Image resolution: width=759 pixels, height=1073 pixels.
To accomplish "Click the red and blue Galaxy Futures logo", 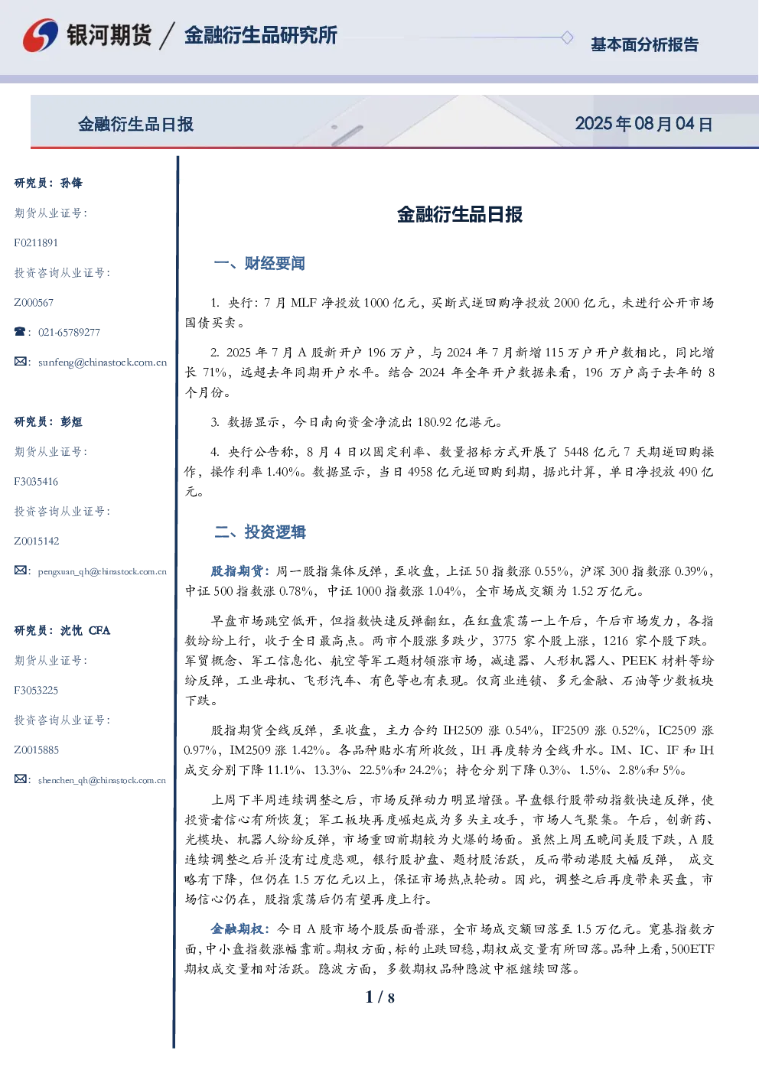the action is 41,35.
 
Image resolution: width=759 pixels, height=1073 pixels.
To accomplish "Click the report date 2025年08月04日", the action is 643,124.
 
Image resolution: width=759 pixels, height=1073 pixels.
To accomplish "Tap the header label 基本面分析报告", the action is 644,44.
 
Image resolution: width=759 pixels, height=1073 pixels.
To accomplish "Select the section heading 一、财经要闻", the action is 259,263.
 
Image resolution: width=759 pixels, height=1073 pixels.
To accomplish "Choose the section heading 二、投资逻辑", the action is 259,532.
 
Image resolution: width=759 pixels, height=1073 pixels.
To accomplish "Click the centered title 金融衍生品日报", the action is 460,214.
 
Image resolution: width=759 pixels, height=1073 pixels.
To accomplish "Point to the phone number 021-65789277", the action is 69,332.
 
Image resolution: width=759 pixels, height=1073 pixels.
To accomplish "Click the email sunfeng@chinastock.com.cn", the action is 103,363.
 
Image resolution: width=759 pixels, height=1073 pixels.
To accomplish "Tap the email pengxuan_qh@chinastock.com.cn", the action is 102,571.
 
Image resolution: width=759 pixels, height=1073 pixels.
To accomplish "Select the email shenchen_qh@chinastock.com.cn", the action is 102,780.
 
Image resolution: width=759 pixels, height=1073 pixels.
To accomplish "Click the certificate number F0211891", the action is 36,243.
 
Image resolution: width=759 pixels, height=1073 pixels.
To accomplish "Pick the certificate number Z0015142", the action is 37,541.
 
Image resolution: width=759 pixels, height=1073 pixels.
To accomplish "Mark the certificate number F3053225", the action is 36,690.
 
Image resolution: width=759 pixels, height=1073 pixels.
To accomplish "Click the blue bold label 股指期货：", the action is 242,571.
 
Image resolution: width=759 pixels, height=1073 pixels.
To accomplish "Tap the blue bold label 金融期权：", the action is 242,928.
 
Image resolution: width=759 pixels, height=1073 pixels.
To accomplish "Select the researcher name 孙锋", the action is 71,183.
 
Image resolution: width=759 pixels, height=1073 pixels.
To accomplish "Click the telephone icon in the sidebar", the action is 20,331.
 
